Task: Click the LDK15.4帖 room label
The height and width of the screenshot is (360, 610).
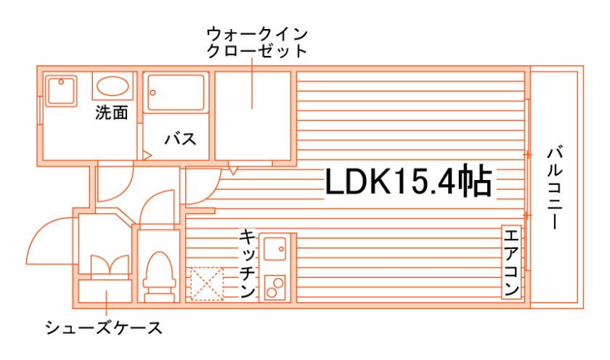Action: pyautogui.click(x=408, y=182)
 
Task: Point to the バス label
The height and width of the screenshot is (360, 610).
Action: pyautogui.click(x=179, y=139)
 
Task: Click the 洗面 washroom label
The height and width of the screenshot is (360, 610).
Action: pyautogui.click(x=111, y=113)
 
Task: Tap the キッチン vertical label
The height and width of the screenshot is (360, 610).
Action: pyautogui.click(x=247, y=264)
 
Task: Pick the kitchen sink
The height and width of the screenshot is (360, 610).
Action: pyautogui.click(x=275, y=249)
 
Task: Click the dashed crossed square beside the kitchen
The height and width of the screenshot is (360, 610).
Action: pyautogui.click(x=206, y=284)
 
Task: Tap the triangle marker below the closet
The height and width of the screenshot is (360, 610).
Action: pyautogui.click(x=232, y=170)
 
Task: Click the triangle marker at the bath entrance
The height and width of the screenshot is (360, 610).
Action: pyautogui.click(x=146, y=155)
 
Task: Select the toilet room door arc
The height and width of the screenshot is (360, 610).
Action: pyautogui.click(x=157, y=206)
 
